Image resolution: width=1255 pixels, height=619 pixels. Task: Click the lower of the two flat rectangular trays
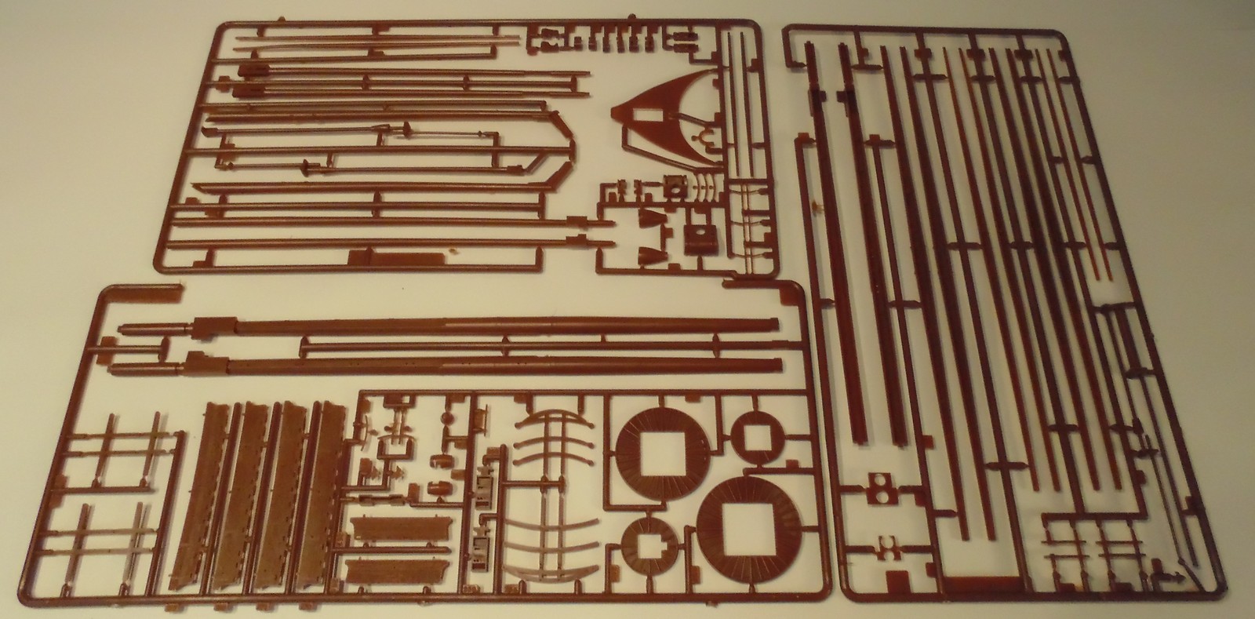pyautogui.click(x=384, y=571)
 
